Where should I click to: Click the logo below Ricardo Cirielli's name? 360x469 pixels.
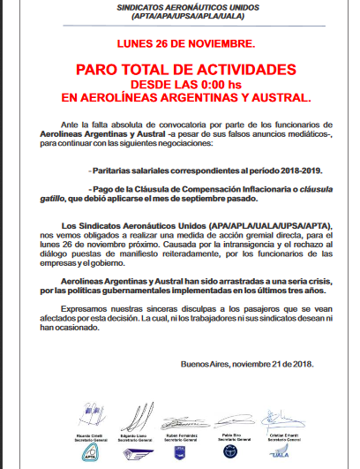point(91,453)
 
